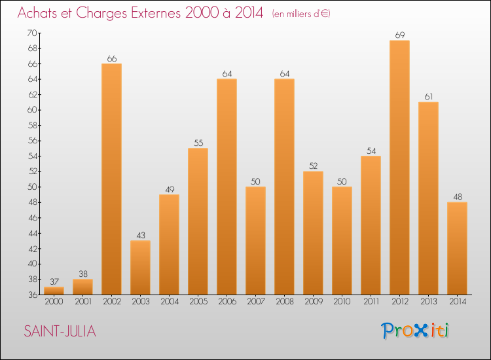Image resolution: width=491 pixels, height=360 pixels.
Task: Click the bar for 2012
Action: [399, 168]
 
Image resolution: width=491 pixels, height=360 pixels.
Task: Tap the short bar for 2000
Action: [54, 291]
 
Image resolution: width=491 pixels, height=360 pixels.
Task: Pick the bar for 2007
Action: [255, 240]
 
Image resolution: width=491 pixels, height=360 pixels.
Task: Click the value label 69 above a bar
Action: [399, 34]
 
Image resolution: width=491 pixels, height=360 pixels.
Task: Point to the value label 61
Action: [428, 96]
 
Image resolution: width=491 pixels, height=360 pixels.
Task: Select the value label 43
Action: [140, 234]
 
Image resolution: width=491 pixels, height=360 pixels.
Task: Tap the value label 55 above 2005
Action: [198, 141]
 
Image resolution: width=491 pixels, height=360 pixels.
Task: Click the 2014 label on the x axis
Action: [457, 302]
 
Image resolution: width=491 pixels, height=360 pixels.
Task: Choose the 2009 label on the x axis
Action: [313, 302]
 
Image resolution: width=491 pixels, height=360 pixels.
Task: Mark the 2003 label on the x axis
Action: [140, 302]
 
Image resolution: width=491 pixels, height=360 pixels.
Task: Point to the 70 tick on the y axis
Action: [31, 33]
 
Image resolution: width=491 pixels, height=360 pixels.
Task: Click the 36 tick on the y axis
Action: [31, 295]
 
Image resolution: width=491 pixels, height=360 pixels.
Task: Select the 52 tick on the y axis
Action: [31, 171]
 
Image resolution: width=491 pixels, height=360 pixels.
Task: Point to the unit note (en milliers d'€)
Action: [301, 14]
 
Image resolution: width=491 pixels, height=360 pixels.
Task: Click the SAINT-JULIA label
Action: [60, 332]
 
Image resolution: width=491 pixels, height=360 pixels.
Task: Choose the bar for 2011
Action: [371, 225]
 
